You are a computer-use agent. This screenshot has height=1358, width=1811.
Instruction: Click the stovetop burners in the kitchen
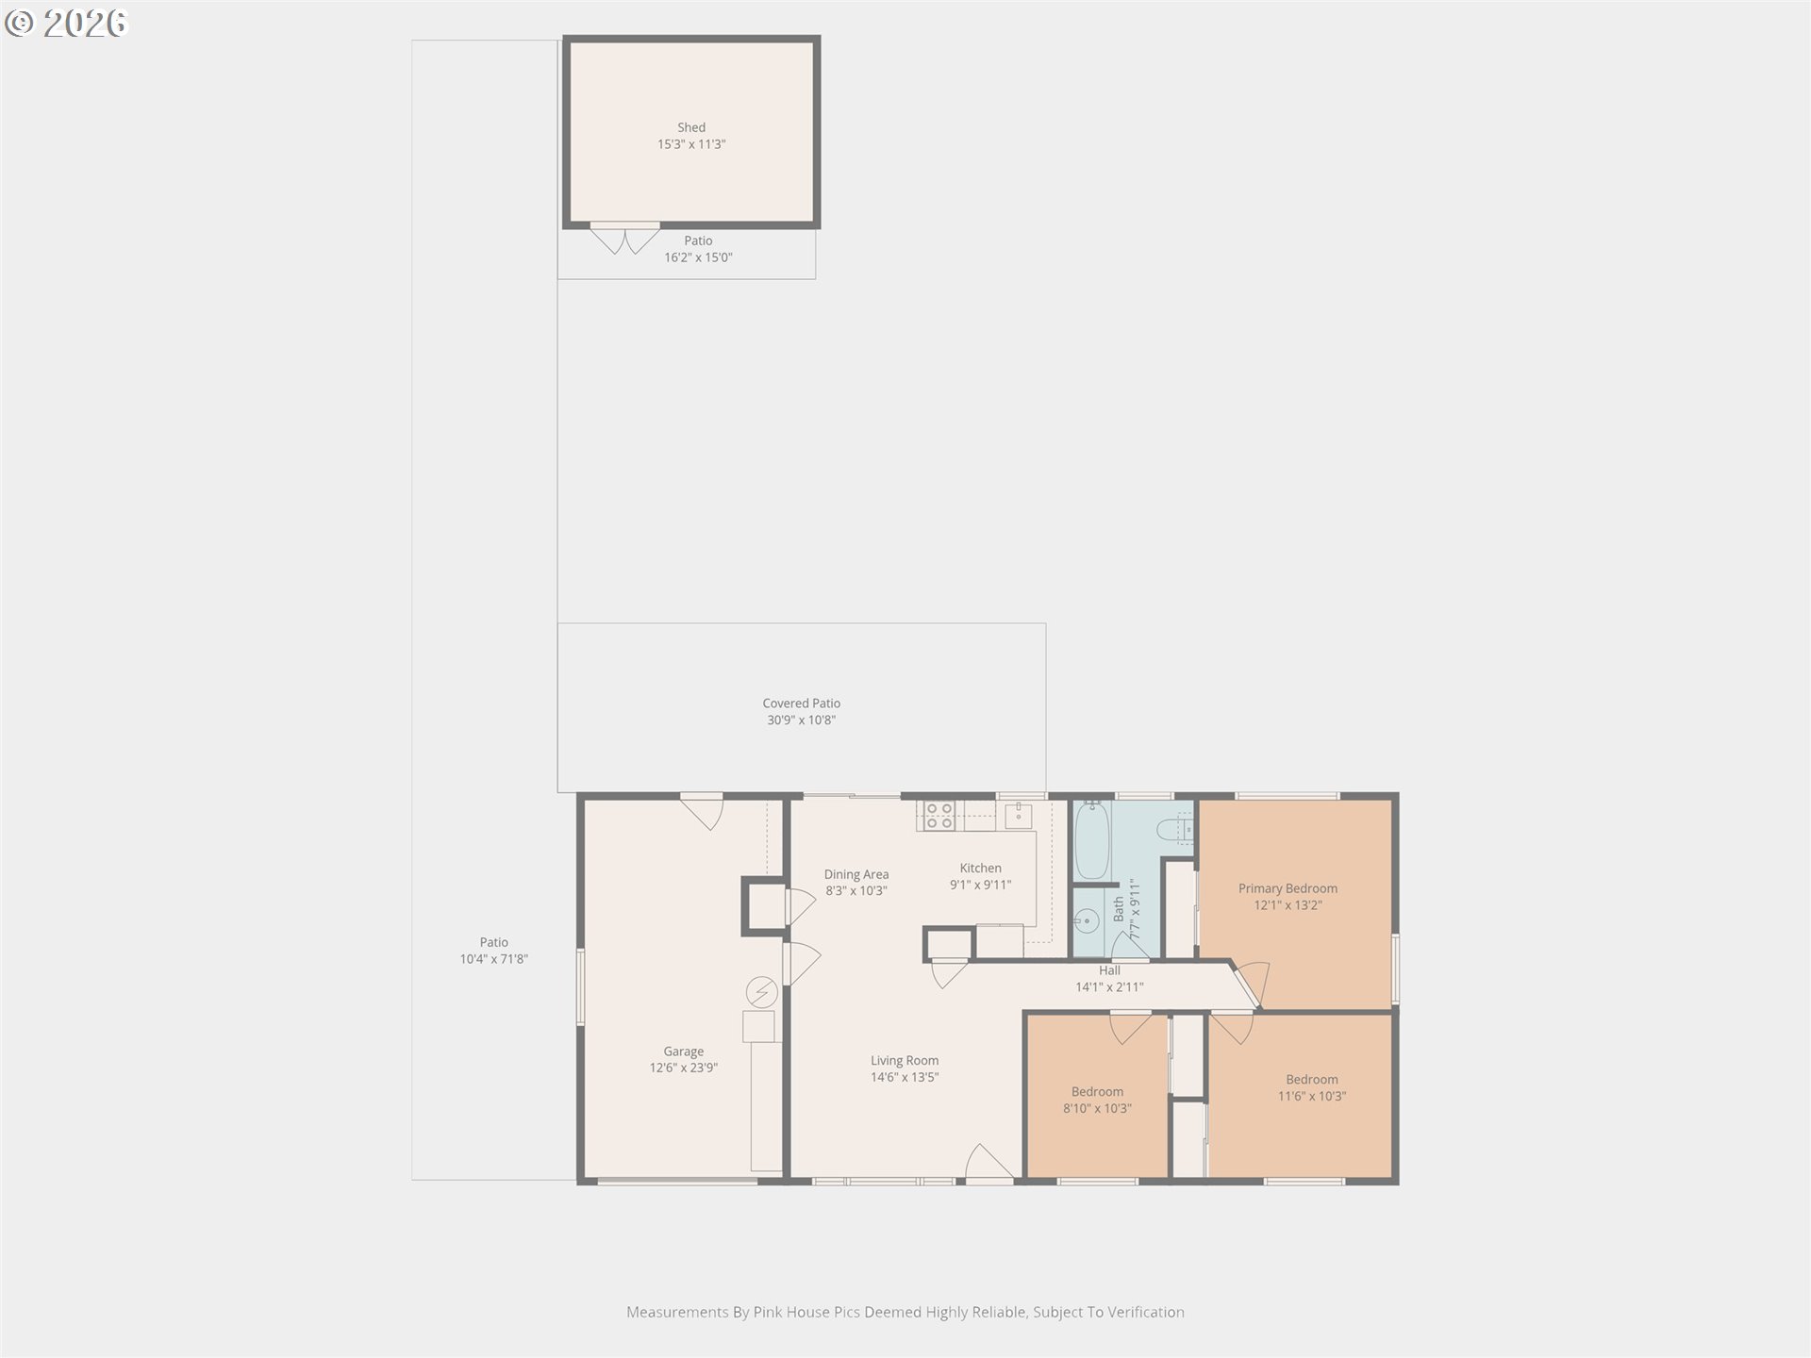click(x=939, y=816)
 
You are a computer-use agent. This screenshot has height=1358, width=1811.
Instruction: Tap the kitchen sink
click(x=1018, y=815)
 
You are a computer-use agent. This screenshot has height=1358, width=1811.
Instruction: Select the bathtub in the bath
click(x=1092, y=839)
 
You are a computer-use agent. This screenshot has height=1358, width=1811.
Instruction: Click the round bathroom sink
click(x=1088, y=919)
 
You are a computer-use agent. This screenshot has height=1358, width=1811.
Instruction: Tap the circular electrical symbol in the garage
click(x=762, y=992)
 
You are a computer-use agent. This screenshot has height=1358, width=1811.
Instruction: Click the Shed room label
click(x=691, y=127)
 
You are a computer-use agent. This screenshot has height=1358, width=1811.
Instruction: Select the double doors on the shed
click(x=624, y=238)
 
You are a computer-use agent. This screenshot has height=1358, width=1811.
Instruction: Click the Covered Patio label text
click(x=802, y=704)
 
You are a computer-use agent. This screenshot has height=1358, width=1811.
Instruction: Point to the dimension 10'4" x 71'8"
click(x=494, y=959)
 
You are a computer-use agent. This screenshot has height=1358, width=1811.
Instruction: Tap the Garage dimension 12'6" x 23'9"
click(x=684, y=1068)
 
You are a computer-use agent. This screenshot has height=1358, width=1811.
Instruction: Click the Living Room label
click(x=905, y=1060)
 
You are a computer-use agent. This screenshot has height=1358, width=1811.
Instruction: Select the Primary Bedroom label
click(x=1288, y=888)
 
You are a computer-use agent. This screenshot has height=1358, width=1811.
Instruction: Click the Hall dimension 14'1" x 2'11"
click(x=1109, y=987)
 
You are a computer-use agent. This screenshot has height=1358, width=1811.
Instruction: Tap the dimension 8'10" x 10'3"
click(x=1097, y=1109)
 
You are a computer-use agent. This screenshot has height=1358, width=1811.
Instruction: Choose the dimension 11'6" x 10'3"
click(x=1312, y=1097)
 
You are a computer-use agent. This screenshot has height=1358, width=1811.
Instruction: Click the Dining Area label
click(x=856, y=874)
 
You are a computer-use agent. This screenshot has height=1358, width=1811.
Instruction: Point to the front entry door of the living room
click(x=989, y=1163)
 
